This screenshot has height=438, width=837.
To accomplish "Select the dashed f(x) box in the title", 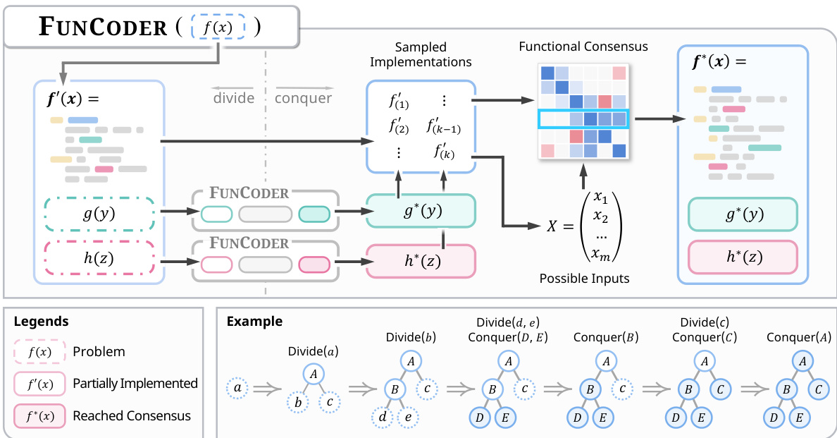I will [x=218, y=28].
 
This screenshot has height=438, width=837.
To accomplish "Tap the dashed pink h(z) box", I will [x=100, y=259].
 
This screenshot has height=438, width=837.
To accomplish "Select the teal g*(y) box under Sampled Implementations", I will [x=421, y=210].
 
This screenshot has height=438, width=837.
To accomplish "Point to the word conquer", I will [x=303, y=98].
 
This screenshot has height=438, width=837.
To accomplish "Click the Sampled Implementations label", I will [x=421, y=54].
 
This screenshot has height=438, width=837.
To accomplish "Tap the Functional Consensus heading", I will [x=583, y=47].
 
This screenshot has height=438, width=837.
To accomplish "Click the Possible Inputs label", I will [x=584, y=279].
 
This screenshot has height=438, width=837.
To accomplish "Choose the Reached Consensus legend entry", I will [x=132, y=415].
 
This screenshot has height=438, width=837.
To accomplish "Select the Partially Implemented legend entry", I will [x=135, y=384].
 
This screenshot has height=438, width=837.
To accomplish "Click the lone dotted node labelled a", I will [x=237, y=387].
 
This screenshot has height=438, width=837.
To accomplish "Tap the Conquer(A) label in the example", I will [x=799, y=336].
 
